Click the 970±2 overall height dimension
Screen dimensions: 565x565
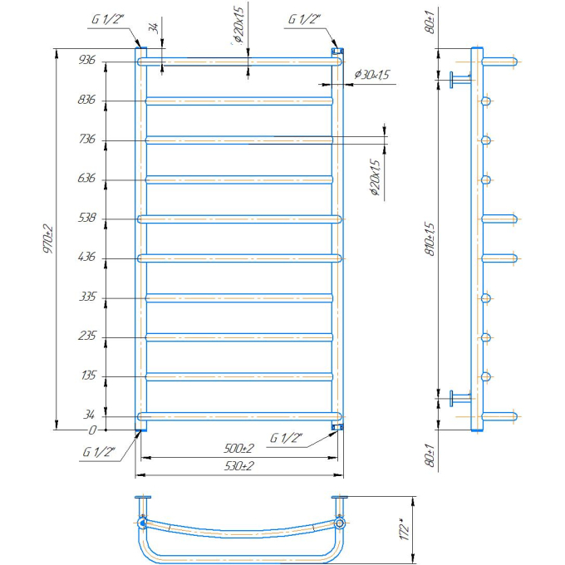(x=48, y=239)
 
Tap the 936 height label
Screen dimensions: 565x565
(x=87, y=60)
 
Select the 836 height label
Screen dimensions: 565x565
(x=86, y=99)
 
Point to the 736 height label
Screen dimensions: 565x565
(x=87, y=139)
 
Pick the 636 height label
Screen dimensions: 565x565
(x=86, y=178)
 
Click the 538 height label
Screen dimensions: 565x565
(x=87, y=218)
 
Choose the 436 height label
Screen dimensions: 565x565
(x=87, y=257)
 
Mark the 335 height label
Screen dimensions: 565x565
(x=87, y=297)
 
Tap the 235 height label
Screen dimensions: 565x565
(x=87, y=336)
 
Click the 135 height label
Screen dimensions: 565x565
(x=89, y=376)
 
